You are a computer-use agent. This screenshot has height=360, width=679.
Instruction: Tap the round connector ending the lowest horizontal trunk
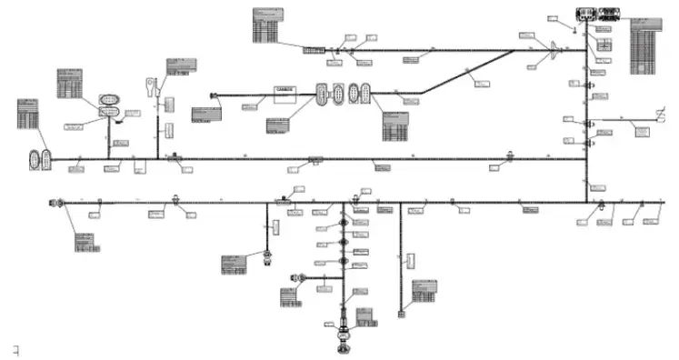pyautogui.click(x=60, y=202)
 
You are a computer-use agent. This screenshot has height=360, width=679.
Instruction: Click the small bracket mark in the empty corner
pyautogui.click(x=15, y=349)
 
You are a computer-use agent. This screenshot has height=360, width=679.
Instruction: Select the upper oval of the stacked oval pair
pyautogui.click(x=109, y=98)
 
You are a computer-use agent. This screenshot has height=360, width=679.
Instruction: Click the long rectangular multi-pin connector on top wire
pyautogui.click(x=315, y=49)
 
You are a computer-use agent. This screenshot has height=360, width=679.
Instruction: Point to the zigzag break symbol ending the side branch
pyautogui.click(x=661, y=117)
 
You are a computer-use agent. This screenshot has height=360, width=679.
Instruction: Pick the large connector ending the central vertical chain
pyautogui.click(x=344, y=341)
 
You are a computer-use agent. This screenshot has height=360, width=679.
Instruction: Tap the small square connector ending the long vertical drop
pyautogui.click(x=401, y=315)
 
